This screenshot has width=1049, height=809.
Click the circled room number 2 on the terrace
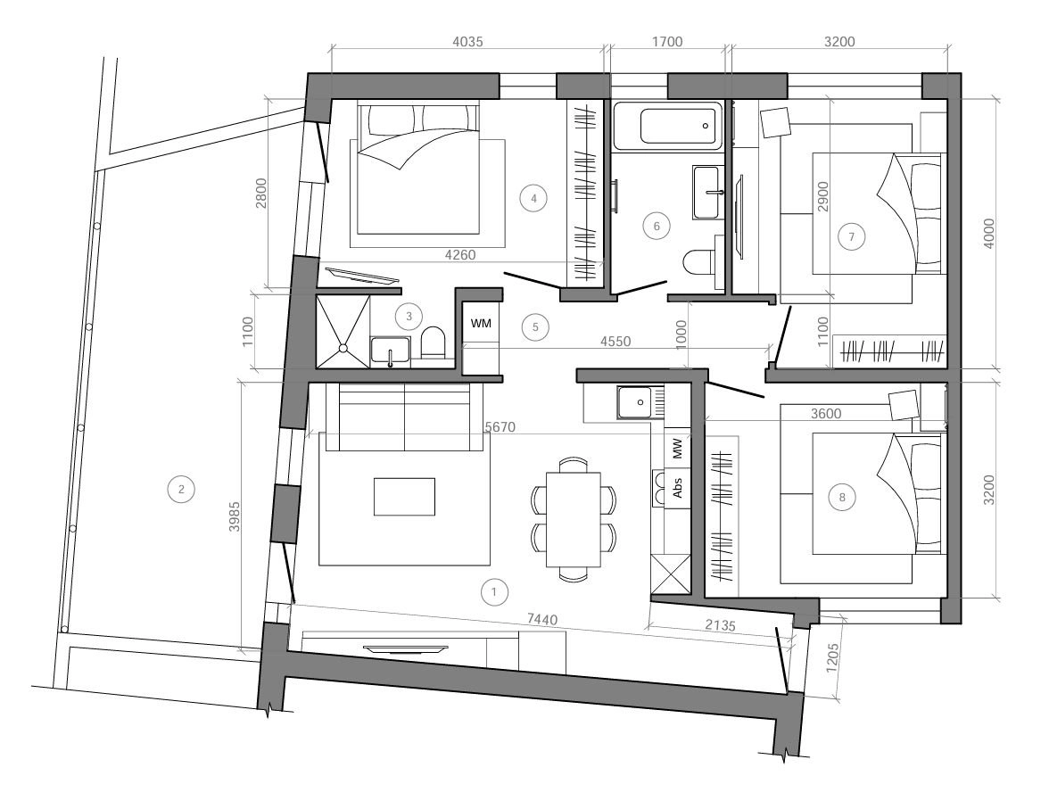point(181,489)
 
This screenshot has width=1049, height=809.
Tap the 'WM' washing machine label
point(480,324)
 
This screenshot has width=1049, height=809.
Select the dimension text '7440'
point(542,620)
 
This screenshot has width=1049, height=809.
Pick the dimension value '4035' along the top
point(467,42)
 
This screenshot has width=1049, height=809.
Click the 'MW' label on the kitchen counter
point(677,449)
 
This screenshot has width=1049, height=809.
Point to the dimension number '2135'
point(721,625)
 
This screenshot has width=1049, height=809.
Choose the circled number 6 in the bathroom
point(657,227)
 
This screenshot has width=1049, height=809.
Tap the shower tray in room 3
point(343,332)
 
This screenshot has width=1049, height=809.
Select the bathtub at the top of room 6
point(667,125)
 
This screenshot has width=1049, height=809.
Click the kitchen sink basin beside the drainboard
point(634,402)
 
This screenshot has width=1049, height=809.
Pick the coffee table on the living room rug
point(404,497)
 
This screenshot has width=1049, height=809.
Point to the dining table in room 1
point(574,519)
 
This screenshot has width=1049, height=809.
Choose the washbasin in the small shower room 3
point(390,351)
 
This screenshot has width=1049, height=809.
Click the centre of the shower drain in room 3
point(343,348)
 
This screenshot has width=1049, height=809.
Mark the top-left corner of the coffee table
point(374,478)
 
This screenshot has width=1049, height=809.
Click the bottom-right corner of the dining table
point(601,566)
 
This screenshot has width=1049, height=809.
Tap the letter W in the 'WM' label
point(476,324)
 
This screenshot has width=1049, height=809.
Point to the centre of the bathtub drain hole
point(705,125)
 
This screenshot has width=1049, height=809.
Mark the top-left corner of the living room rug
point(319,433)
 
